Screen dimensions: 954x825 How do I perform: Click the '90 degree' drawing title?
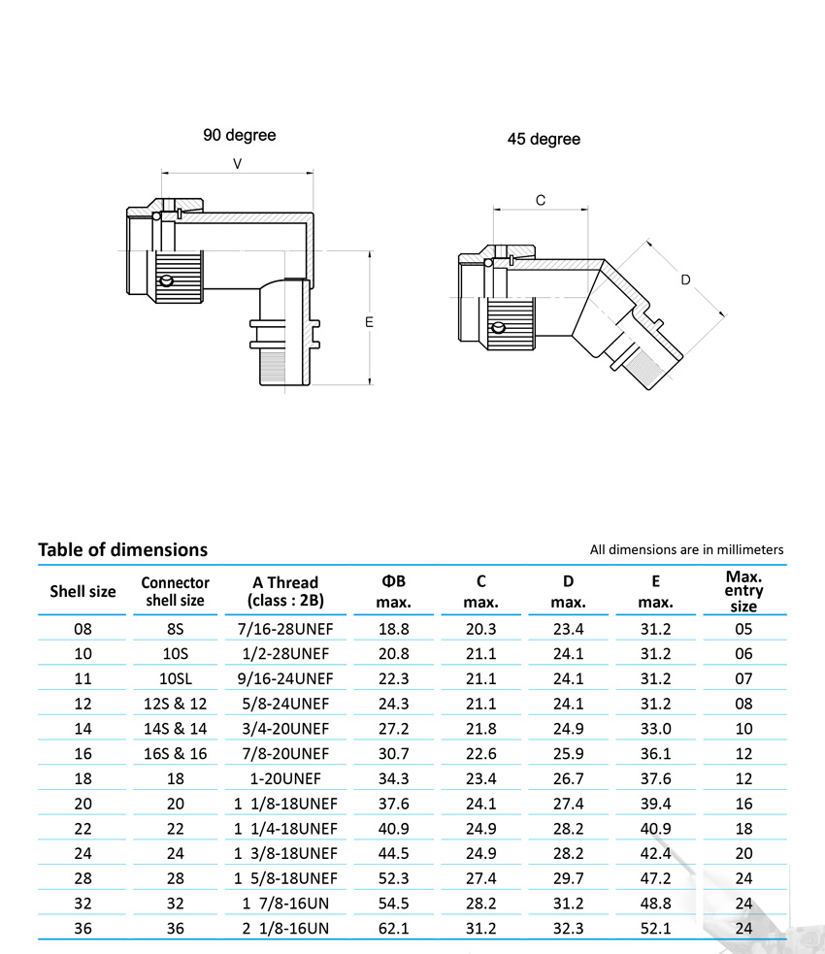pos(239,135)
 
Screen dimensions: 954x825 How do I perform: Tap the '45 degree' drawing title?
pos(544,139)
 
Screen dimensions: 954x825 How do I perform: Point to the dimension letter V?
pos(238,164)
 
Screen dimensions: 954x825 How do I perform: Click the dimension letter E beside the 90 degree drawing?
pos(369,321)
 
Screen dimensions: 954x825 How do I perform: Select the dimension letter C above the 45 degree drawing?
pos(541,200)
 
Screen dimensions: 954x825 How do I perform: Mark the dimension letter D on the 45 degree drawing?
pos(685,280)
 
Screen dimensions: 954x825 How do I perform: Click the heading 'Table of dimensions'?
pos(122,549)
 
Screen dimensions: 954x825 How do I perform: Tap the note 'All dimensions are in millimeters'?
pos(686,549)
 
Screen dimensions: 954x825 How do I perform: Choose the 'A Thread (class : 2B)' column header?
pos(285,591)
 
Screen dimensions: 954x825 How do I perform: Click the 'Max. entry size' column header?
pos(743,591)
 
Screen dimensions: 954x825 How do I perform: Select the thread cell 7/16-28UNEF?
pos(285,628)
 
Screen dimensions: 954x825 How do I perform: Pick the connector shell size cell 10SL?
pos(175,678)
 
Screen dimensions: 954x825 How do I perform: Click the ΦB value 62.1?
pos(392,929)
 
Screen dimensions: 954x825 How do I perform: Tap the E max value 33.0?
pos(655,728)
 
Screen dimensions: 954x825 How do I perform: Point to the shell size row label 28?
pos(82,878)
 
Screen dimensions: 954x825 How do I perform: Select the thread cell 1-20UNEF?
pos(285,778)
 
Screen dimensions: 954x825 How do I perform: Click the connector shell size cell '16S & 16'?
pos(175,753)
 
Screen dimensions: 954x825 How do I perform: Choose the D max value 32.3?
pos(568,929)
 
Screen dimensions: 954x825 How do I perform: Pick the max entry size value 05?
pos(743,628)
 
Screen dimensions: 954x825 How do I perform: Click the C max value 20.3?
pos(481,628)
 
